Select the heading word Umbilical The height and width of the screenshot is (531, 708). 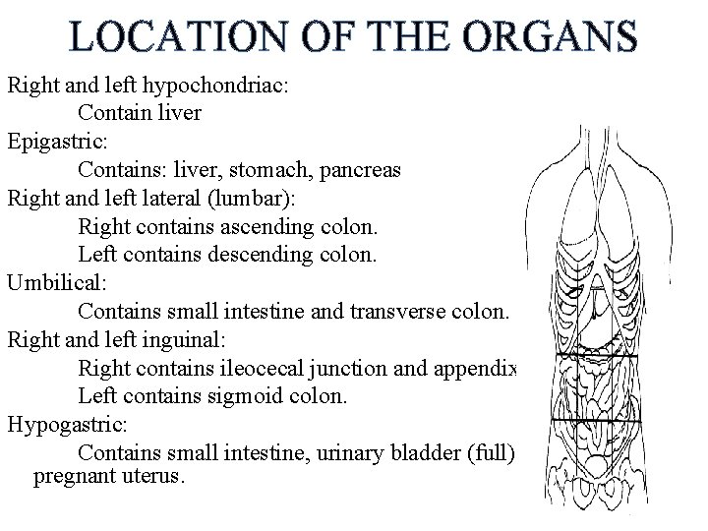tap(53, 284)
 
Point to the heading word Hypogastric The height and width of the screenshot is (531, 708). tap(62, 426)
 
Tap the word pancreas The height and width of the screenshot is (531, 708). tap(361, 169)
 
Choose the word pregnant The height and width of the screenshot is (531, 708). tap(74, 477)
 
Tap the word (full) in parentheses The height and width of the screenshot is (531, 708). tap(492, 454)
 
